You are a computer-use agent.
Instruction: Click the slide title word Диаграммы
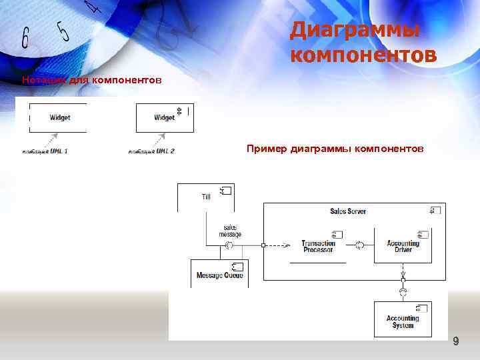coord(355,31)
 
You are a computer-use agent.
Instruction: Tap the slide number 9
coord(456,342)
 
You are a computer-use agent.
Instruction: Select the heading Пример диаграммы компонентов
coord(335,148)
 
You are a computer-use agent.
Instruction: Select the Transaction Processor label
coord(318,246)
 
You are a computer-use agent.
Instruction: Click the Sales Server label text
coord(348,211)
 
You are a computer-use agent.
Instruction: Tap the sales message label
coord(230,231)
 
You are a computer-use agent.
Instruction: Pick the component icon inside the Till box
coord(225,191)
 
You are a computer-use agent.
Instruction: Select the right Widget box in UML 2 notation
coord(164,117)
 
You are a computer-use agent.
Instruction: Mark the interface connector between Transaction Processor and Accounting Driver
coord(359,245)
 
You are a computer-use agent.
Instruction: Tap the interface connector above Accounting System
coord(403,292)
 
